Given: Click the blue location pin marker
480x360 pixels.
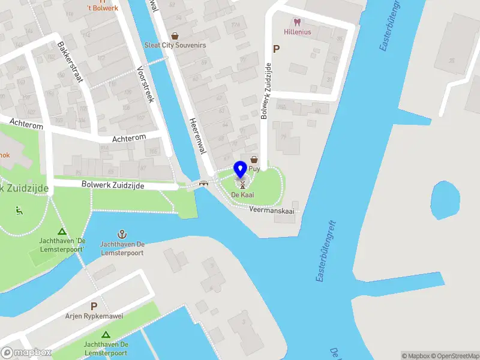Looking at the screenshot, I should coord(240,170).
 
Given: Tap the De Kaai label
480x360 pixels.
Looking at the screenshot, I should coord(242,195).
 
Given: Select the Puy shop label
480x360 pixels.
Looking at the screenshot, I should coord(254,169).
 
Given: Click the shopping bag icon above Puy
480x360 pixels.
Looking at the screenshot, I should coord(254,160).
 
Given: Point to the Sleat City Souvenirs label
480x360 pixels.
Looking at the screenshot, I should coord(175,45).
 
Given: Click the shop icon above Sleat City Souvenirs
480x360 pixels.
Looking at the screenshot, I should coord(175,36).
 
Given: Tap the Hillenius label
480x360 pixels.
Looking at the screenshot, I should coord(298,32).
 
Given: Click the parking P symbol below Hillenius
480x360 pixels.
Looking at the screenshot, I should coord(276,50).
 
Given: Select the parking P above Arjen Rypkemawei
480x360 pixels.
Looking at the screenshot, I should coord(94,306).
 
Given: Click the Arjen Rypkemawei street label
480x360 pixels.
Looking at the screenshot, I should coord(94,316).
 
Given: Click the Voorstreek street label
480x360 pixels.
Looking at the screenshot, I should coord(146,84).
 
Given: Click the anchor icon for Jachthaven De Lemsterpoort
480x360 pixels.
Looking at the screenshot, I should coord(122,233).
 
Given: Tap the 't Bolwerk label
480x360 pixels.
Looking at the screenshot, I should coord(103,8).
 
